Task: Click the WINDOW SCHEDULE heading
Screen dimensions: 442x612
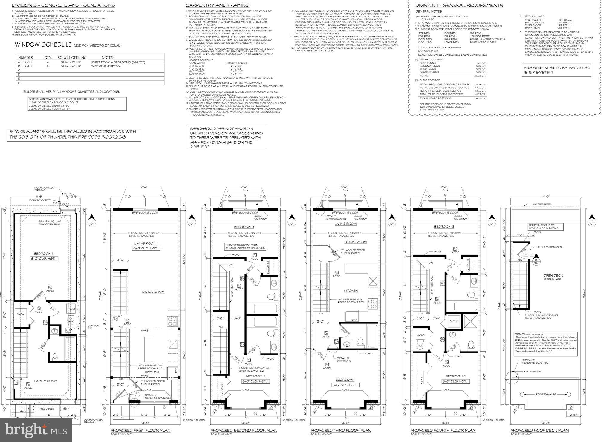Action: pyautogui.click(x=42, y=45)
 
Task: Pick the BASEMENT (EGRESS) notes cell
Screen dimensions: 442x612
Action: pyautogui.click(x=106, y=66)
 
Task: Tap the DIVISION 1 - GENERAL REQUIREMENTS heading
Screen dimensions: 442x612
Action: pyautogui.click(x=459, y=5)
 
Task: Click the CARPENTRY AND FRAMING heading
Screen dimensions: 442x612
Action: pyautogui.click(x=217, y=5)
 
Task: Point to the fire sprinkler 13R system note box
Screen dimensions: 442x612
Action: pyautogui.click(x=557, y=70)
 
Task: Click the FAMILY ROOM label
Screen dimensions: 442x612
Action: pyautogui.click(x=45, y=381)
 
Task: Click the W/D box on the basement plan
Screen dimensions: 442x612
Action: pyautogui.click(x=20, y=314)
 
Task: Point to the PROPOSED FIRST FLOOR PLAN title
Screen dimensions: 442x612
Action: pyautogui.click(x=140, y=430)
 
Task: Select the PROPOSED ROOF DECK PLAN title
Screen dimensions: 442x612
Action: pyautogui.click(x=539, y=430)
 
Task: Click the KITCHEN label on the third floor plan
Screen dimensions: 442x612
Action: pyautogui.click(x=351, y=291)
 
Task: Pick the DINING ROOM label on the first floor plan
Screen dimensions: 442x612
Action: pyautogui.click(x=153, y=292)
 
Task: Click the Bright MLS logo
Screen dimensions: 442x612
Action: pyautogui.click(x=35, y=430)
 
